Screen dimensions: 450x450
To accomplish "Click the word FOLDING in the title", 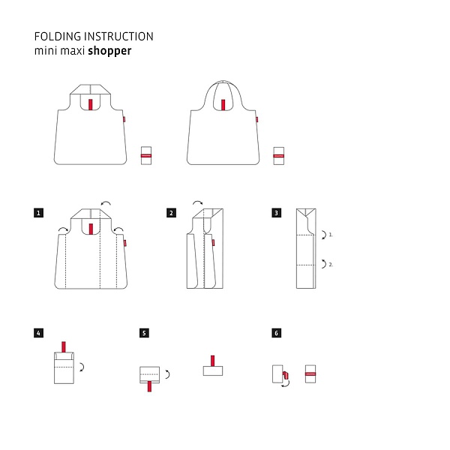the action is tap(58, 37).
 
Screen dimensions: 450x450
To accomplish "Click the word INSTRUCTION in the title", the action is tap(118, 37).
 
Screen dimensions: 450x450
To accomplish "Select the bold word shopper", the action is tap(109, 51).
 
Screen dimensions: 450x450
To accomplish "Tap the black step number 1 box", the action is tap(38, 213).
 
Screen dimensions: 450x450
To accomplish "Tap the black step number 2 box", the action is tap(171, 213).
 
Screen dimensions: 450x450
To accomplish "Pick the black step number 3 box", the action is tap(276, 213).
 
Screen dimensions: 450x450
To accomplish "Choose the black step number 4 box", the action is tap(38, 333).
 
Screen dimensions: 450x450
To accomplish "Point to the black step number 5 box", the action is tap(144, 333).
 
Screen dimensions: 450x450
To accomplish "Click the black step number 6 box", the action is tap(276, 333).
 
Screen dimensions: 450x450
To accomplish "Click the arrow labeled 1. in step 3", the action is tap(325, 235).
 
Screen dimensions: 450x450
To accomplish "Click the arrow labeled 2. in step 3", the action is tap(325, 264).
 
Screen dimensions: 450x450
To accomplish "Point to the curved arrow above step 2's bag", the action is tap(198, 202).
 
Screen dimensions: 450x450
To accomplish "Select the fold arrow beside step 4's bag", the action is tap(82, 367).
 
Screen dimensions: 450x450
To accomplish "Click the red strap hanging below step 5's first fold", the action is tap(149, 386).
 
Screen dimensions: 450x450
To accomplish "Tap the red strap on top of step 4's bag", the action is tap(64, 347).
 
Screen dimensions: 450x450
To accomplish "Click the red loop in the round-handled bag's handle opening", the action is tap(223, 105).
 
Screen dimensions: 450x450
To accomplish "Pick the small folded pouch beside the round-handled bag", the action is tap(279, 156).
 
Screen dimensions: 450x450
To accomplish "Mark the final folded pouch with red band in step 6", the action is tap(310, 373).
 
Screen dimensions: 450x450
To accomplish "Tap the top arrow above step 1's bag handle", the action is tap(106, 203).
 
